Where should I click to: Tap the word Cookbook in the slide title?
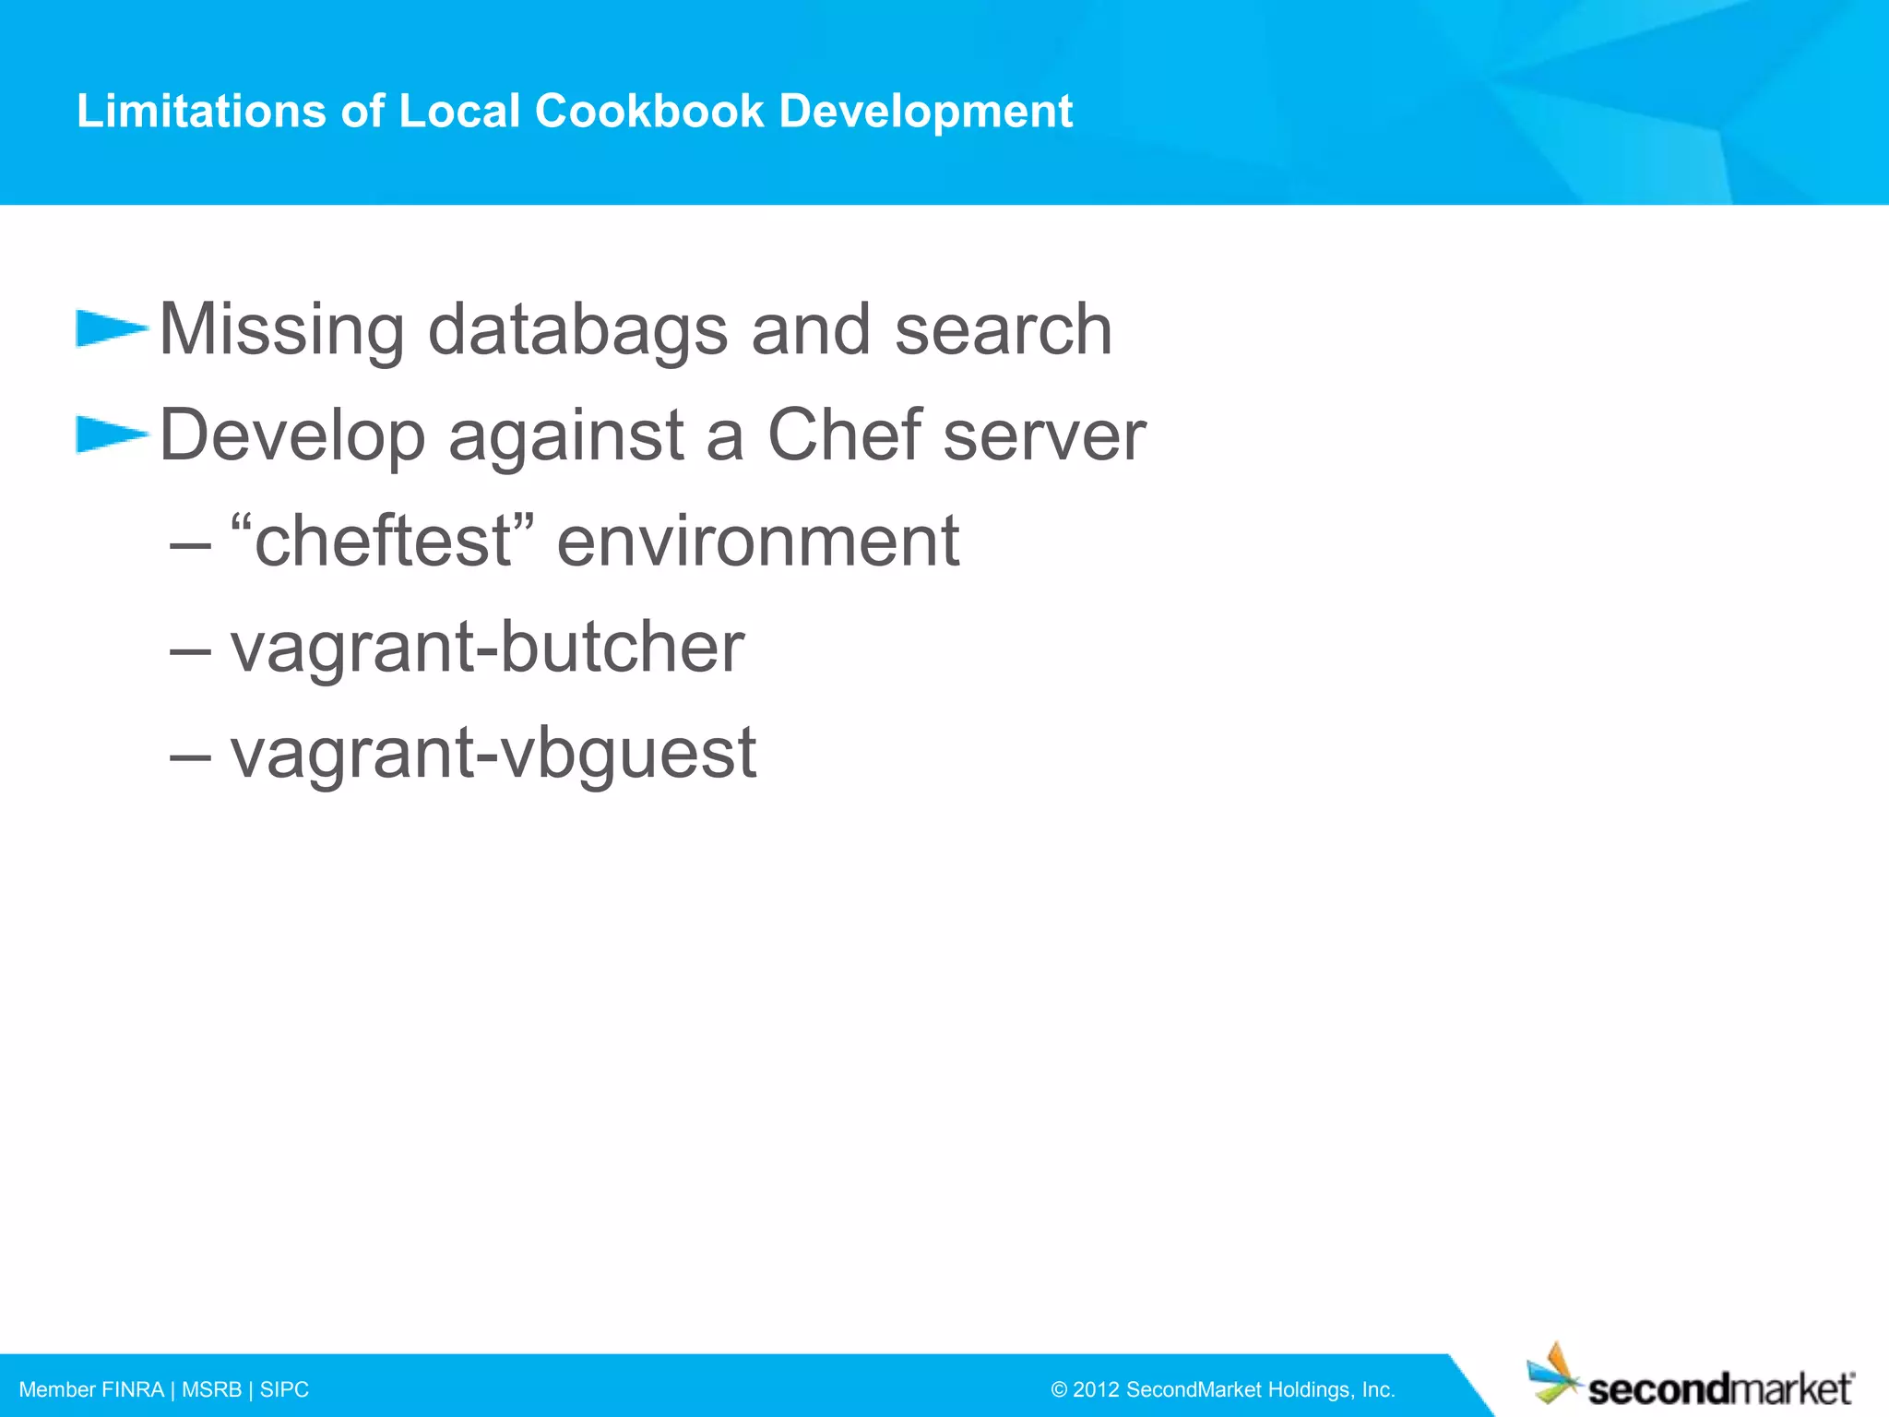coord(649,111)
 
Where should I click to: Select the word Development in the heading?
coord(925,111)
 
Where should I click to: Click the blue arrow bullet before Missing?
coord(111,328)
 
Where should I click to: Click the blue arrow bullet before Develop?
coord(111,435)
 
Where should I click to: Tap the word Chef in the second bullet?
coord(844,435)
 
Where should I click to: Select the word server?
coord(1044,436)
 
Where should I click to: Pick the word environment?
coord(757,542)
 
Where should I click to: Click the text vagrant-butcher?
coord(487,647)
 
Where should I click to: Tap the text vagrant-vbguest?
coord(493,754)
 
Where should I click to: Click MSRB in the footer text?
coord(211,1389)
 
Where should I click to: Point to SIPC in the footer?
coord(284,1389)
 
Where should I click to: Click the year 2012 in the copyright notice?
coord(1095,1389)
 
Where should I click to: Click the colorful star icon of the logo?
coord(1555,1375)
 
